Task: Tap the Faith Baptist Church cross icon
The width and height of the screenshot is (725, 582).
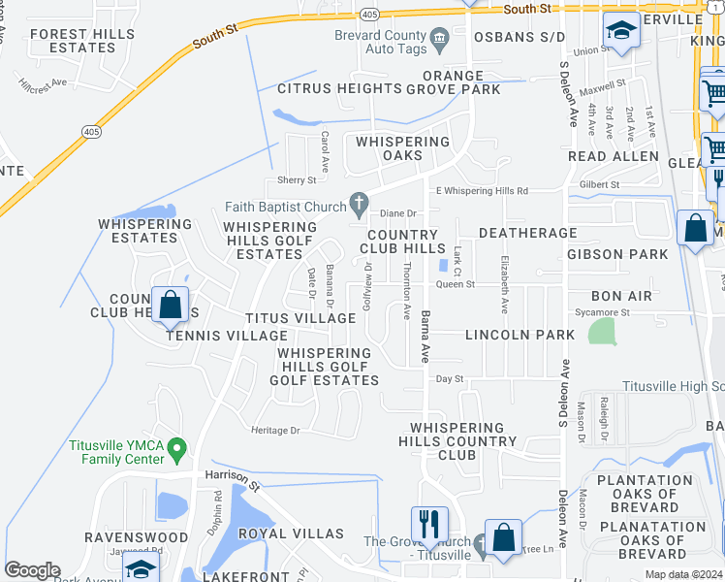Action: [x=359, y=205]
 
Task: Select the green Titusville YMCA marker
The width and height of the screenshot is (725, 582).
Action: [x=176, y=450]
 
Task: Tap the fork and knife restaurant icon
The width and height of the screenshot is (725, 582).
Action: [x=429, y=525]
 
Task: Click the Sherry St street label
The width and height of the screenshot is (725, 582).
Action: [x=298, y=180]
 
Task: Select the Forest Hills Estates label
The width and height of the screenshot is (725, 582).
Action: [x=73, y=41]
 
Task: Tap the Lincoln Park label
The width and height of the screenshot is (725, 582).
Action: [x=520, y=335]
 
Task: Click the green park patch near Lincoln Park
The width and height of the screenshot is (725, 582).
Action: [x=602, y=332]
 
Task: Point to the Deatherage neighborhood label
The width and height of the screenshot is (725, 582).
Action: [x=527, y=233]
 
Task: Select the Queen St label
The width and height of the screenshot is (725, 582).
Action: [x=456, y=284]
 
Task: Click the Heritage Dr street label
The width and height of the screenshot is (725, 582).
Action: [x=276, y=430]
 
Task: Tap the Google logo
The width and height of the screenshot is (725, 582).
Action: [x=32, y=570]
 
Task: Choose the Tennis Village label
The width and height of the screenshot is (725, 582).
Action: [x=213, y=336]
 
